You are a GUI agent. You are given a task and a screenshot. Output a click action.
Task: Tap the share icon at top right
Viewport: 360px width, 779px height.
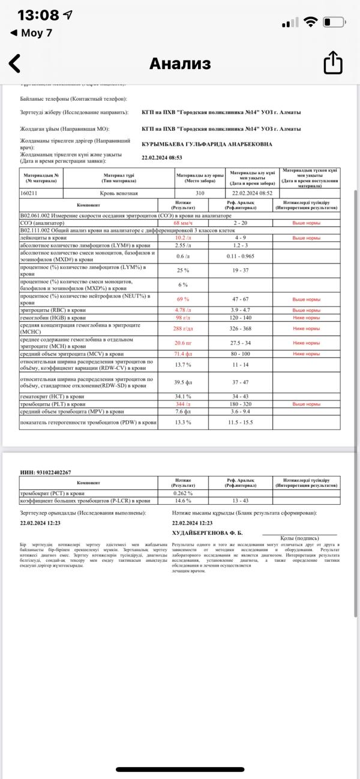pos(333,63)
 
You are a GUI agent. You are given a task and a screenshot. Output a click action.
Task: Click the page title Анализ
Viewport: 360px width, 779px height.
pos(180,64)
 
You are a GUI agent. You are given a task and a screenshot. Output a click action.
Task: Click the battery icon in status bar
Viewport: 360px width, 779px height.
pos(334,22)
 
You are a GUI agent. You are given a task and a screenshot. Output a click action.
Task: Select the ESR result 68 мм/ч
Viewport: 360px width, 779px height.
pos(183,222)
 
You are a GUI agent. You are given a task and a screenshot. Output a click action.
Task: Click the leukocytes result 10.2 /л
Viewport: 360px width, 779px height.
pos(183,238)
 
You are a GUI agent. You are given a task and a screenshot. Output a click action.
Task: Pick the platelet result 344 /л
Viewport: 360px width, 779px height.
pos(183,405)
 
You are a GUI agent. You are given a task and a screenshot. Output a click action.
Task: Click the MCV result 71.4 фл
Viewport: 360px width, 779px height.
pos(183,354)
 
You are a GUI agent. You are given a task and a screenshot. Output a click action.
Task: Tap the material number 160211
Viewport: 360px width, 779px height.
pos(33,193)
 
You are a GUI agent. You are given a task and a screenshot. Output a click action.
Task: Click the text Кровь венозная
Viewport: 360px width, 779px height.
pos(119,193)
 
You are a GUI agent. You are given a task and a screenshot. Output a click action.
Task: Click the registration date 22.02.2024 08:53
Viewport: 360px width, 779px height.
pos(162,158)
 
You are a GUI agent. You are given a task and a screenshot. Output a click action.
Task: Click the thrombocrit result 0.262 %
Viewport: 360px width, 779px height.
pos(183,493)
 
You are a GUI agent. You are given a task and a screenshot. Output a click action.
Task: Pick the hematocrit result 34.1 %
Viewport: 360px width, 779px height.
pos(183,397)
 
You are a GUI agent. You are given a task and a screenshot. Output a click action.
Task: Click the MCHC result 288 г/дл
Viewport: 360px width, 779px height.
pos(183,329)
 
